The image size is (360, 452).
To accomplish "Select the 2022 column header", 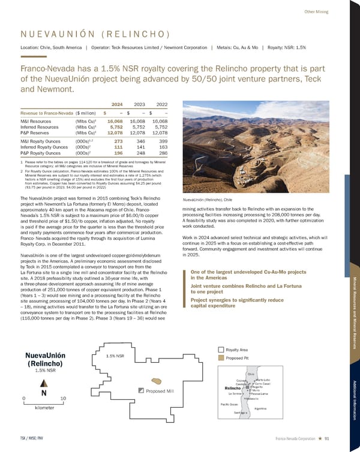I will (x=160, y=102).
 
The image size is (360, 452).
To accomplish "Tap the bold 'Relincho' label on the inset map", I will (x=233, y=388).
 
